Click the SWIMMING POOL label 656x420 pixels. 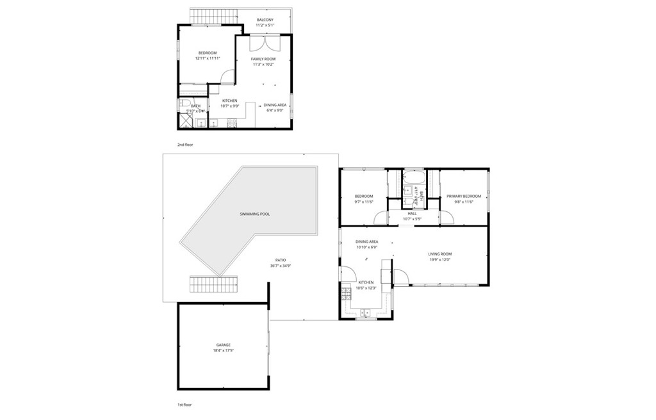[x=254, y=214]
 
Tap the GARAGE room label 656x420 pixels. [x=222, y=345]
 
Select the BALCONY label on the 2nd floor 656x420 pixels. [x=265, y=20]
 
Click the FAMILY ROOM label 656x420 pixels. [x=263, y=59]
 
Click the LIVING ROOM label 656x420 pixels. [x=439, y=254]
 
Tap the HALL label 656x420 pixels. [x=412, y=213]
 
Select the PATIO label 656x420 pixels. [x=281, y=260]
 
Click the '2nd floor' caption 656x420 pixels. [x=185, y=145]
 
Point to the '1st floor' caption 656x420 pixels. [x=184, y=405]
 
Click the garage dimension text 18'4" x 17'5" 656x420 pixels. [x=222, y=351]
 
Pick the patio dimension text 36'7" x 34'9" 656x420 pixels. [x=281, y=266]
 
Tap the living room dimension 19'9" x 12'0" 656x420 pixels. [x=439, y=259]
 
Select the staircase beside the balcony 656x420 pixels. [x=213, y=15]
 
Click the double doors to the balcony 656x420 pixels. [x=263, y=44]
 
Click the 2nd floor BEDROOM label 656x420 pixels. [x=207, y=52]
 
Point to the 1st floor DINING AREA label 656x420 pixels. [x=366, y=241]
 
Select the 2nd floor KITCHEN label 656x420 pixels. [x=230, y=101]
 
